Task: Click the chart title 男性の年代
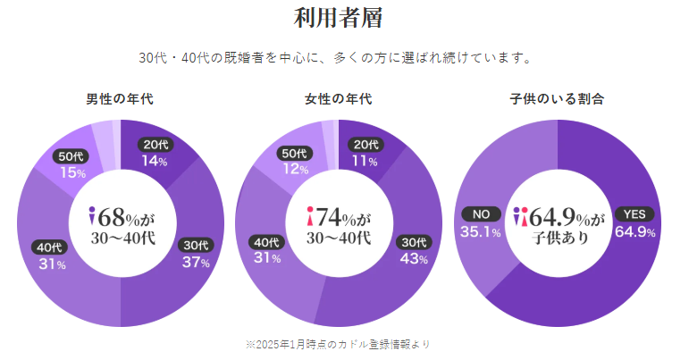(121, 99)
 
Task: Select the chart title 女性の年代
(338, 99)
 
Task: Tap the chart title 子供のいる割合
(557, 99)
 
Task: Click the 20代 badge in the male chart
(155, 145)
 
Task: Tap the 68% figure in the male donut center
(117, 216)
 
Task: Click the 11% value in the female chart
(364, 162)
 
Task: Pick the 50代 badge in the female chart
(293, 152)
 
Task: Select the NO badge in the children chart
(482, 214)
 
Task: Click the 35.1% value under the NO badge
(482, 232)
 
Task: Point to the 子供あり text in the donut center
(557, 239)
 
